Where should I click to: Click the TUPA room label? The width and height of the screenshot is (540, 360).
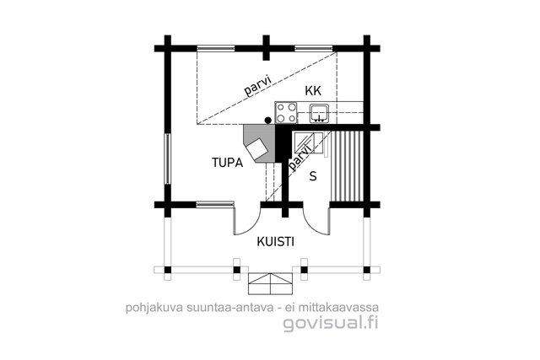pyautogui.click(x=227, y=163)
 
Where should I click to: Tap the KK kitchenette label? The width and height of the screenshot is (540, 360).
pyautogui.click(x=313, y=91)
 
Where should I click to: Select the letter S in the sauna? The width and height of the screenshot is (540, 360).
pyautogui.click(x=313, y=176)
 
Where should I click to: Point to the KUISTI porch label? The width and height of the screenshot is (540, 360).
pyautogui.click(x=276, y=242)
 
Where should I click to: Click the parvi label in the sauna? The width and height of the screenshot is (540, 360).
pyautogui.click(x=300, y=158)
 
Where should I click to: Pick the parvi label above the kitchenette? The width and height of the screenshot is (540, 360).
pyautogui.click(x=258, y=84)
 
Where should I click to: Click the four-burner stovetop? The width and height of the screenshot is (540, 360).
pyautogui.click(x=286, y=112)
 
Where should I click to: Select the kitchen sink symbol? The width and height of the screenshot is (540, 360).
pyautogui.click(x=320, y=114)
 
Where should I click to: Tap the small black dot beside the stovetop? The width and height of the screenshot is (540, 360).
pyautogui.click(x=268, y=120)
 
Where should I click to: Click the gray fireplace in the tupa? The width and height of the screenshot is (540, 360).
pyautogui.click(x=259, y=143)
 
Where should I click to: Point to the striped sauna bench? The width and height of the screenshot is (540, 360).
pyautogui.click(x=347, y=166)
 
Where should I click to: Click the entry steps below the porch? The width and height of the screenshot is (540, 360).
pyautogui.click(x=271, y=283)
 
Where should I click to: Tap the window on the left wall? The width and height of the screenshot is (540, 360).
pyautogui.click(x=167, y=159)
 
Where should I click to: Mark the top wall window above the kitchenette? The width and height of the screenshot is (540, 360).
pyautogui.click(x=314, y=49)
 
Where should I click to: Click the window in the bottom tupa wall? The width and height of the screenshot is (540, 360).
pyautogui.click(x=215, y=205)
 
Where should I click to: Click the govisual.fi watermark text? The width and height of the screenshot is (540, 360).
pyautogui.click(x=331, y=324)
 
